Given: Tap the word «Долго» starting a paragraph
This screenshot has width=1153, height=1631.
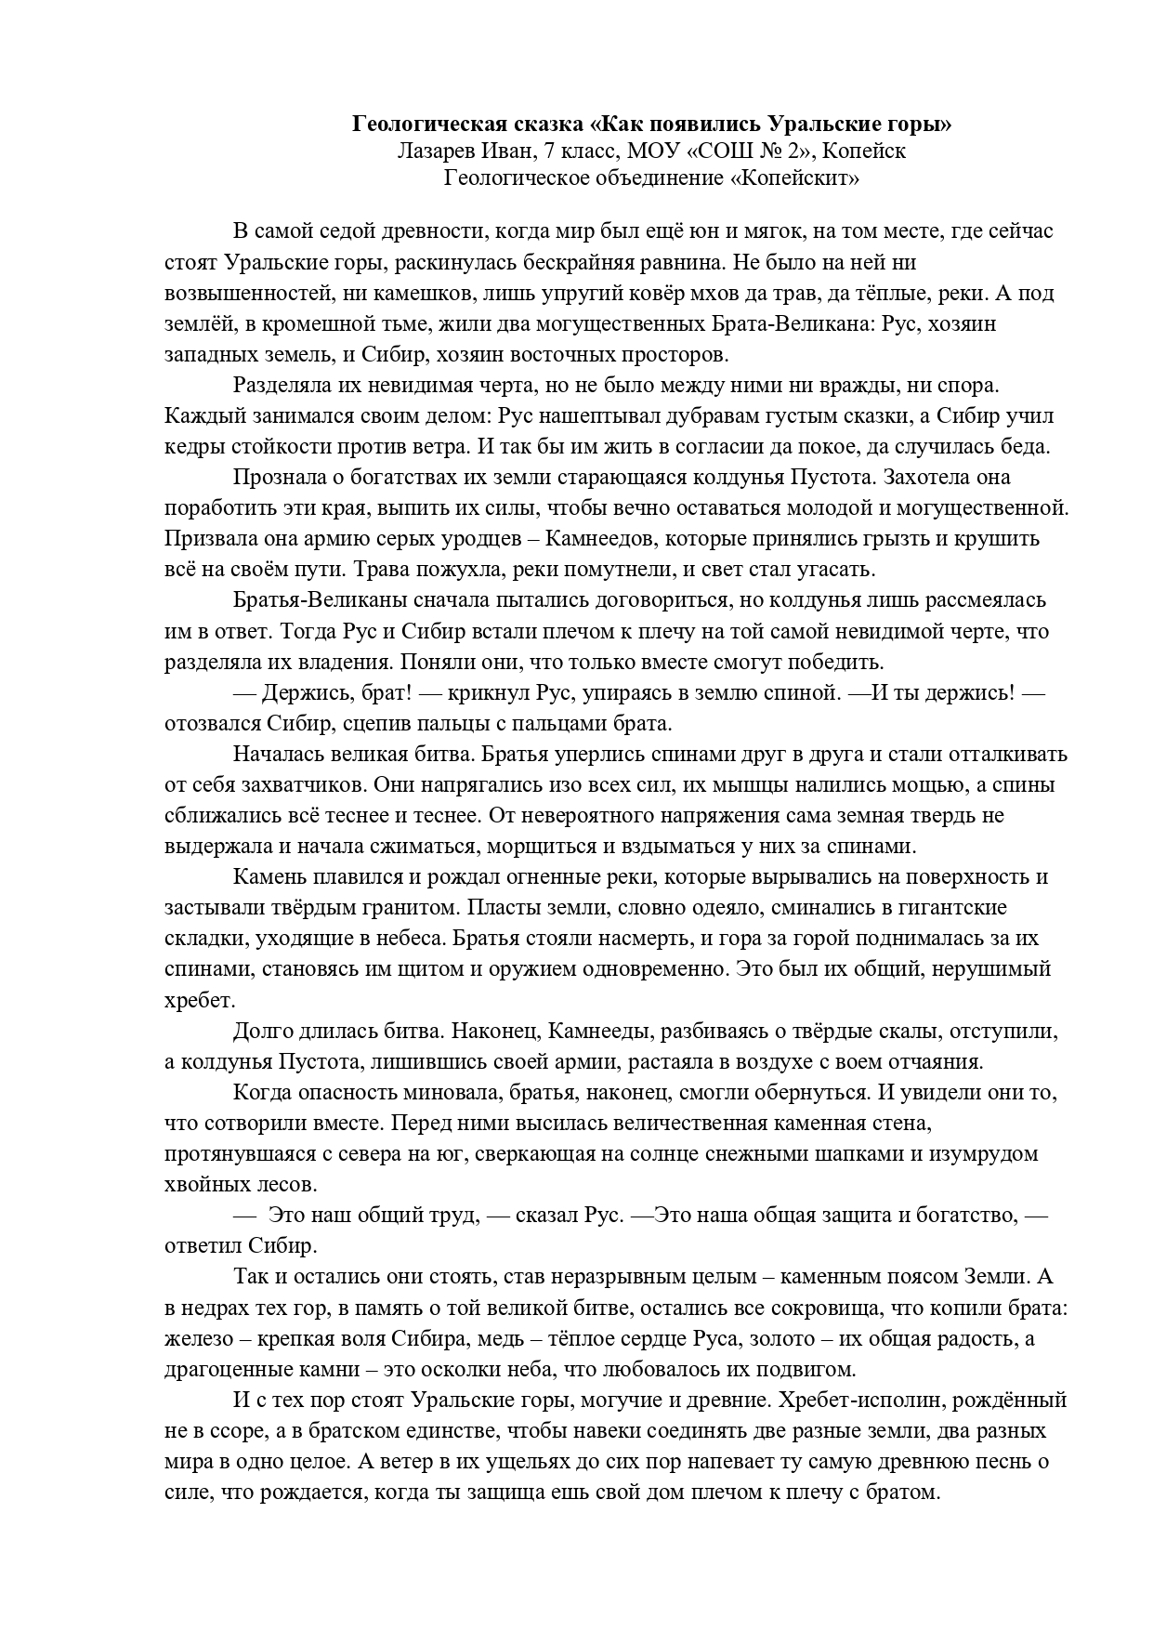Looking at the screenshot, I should click(263, 1031).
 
